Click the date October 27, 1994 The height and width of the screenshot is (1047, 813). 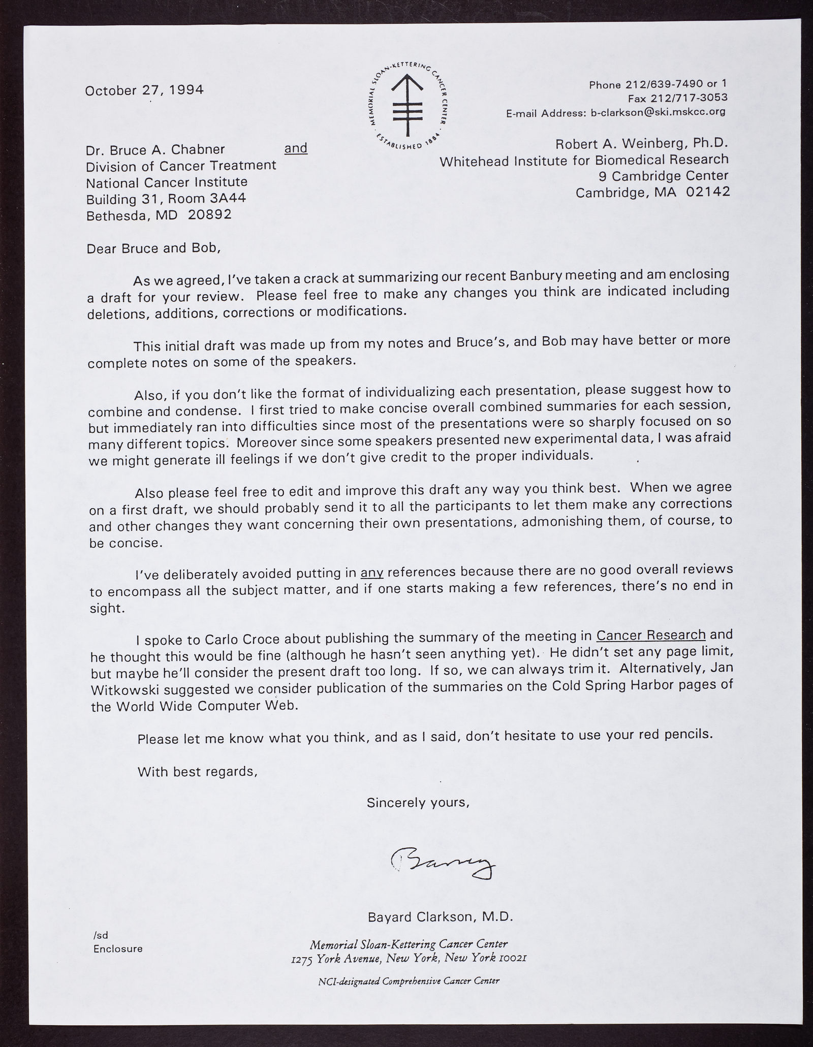(144, 90)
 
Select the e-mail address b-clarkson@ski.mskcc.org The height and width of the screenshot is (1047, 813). (659, 112)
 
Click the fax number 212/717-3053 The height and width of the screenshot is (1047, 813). (698, 98)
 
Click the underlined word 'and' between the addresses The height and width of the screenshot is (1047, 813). (296, 148)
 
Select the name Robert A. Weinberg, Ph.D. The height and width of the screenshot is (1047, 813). (642, 144)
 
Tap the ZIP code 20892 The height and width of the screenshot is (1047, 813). (210, 215)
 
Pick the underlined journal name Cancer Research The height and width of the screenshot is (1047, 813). (651, 635)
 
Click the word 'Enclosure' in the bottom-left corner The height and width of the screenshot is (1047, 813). (118, 948)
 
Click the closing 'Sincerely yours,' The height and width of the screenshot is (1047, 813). (418, 803)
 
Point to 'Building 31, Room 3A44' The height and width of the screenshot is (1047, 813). (166, 199)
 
